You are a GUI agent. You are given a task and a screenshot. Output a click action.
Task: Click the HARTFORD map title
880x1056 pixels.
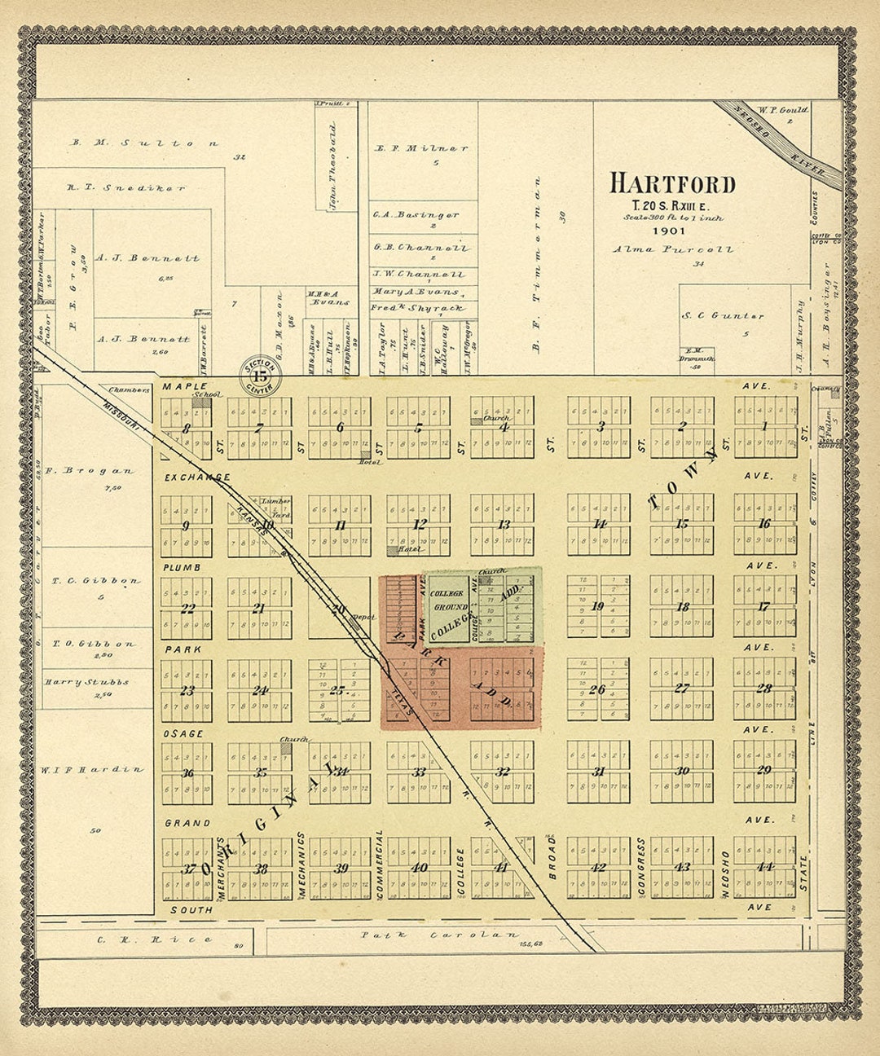(672, 183)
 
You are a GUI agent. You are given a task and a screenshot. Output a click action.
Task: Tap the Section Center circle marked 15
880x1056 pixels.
(260, 376)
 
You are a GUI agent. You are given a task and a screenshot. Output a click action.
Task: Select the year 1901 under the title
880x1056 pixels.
(672, 231)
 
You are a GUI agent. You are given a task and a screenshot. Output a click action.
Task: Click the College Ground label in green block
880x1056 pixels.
(450, 601)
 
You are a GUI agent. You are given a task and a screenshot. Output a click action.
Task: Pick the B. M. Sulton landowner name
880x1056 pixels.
(144, 143)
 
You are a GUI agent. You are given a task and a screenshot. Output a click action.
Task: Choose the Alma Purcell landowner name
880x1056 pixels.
(672, 249)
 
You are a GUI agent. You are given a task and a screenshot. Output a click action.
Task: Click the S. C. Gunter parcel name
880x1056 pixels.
(724, 316)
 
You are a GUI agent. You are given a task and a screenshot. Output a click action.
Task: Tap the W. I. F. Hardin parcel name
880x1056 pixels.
(92, 769)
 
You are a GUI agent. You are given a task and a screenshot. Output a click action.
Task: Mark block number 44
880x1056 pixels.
(764, 867)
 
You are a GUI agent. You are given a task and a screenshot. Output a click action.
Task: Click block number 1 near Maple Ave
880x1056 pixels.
(764, 426)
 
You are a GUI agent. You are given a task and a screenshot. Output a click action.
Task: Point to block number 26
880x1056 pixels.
(597, 690)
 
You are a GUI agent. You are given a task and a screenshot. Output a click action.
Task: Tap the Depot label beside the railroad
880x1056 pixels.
(363, 618)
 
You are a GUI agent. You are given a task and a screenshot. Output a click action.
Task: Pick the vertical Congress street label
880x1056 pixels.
(642, 867)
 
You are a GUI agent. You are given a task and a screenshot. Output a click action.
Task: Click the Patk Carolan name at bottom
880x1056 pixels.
(440, 935)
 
